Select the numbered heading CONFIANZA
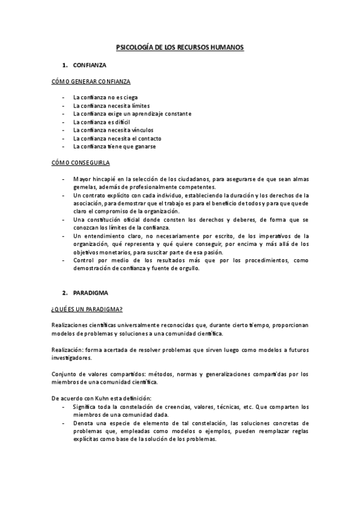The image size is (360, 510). tap(90, 64)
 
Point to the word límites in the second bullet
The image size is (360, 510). tap(138, 105)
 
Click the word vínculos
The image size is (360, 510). tap(141, 130)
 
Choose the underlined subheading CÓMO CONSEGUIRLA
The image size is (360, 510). tap(80, 162)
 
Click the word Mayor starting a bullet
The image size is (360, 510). tap(82, 179)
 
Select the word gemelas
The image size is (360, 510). tap(84, 187)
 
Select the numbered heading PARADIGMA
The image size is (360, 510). tap(90, 293)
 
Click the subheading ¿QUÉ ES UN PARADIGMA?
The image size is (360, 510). tap(87, 309)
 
